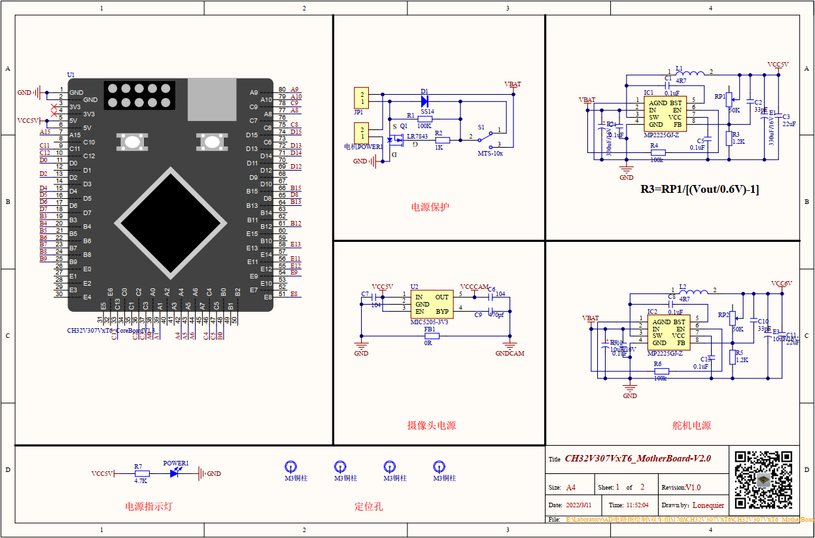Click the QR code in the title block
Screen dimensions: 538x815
coord(763,480)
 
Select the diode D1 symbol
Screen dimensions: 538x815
coord(424,101)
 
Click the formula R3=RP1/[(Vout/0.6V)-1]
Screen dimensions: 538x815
coord(699,189)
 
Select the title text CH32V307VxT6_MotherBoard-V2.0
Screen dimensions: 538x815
coord(637,459)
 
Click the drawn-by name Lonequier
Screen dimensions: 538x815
coord(708,505)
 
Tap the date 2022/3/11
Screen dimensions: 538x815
coord(579,505)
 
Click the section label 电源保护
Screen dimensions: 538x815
coord(430,207)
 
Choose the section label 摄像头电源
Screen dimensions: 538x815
coord(431,426)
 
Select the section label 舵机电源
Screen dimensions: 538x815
coord(691,426)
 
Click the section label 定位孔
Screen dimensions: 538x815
coord(368,506)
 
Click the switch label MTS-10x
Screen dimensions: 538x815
coord(490,153)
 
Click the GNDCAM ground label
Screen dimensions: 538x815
coord(510,354)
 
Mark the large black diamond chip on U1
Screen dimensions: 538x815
coord(171,224)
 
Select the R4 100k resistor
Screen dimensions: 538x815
coord(657,153)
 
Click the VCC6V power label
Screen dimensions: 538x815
coord(781,284)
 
